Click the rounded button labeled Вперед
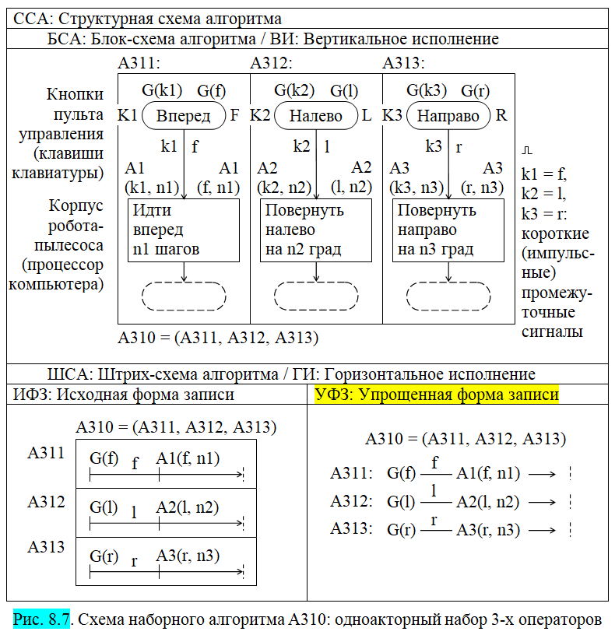183,116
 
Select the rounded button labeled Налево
315,116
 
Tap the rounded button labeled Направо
448,116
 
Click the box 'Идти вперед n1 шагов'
183,230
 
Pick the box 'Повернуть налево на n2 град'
315,230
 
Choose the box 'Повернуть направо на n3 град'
448,230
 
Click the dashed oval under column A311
184,296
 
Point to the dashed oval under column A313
448,296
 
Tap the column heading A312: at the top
272,64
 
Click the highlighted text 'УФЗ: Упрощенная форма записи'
437,395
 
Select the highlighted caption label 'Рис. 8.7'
42,619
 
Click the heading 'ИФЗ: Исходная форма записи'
123,395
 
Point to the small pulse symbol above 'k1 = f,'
527,148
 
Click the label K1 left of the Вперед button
128,116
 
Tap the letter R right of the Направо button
501,116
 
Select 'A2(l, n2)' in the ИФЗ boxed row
187,507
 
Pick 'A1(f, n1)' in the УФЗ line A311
488,472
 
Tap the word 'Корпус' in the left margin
76,206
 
